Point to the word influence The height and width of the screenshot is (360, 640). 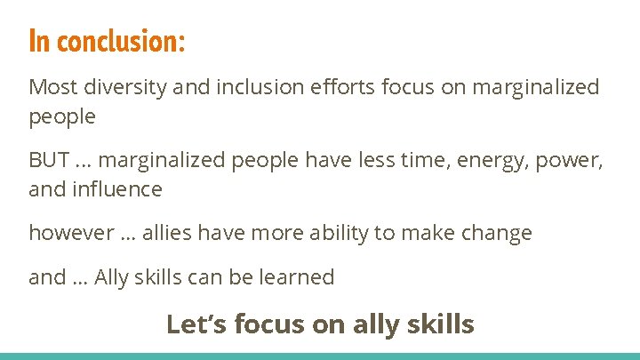117,188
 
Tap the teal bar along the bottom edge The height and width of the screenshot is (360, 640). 320,356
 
